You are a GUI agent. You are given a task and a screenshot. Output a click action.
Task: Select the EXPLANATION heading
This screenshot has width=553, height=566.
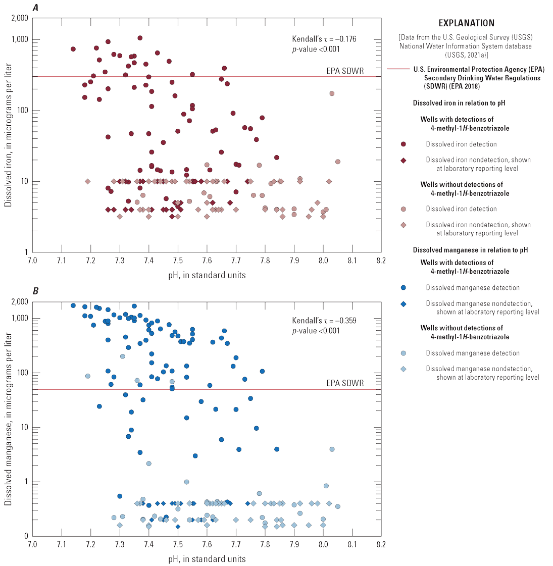pos(466,23)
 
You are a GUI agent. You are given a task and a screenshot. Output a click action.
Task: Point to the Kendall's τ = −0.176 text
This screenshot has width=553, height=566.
pos(324,39)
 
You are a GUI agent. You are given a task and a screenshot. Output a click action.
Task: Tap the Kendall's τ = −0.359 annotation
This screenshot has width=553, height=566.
pos(324,321)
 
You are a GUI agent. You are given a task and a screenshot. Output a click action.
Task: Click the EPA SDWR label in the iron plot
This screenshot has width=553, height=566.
pos(345,71)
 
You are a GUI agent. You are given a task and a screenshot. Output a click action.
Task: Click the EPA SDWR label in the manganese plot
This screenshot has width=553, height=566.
pos(345,383)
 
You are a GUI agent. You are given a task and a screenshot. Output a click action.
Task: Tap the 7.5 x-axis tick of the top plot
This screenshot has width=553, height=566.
pos(178,261)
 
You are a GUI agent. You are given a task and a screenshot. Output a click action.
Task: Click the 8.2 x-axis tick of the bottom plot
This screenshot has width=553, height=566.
pos(381,545)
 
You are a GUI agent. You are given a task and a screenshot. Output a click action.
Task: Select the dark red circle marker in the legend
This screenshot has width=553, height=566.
pos(403,144)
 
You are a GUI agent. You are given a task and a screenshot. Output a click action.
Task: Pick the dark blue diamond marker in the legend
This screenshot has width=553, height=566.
pos(403,303)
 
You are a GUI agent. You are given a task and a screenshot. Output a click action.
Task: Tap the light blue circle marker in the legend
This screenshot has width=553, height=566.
pos(403,353)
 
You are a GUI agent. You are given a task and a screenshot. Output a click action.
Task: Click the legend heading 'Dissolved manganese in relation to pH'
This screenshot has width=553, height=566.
pos(470,250)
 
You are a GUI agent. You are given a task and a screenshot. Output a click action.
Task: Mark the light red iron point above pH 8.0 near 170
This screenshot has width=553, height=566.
pos(332,93)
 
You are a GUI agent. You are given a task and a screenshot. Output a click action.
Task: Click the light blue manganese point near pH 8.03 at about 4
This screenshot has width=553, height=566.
pos(332,449)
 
